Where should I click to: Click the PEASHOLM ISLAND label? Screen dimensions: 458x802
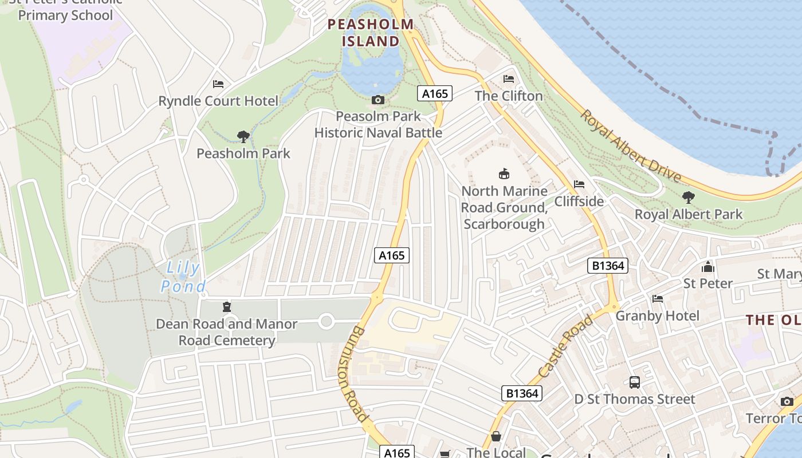370,33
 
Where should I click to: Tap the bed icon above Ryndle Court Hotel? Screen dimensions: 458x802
218,84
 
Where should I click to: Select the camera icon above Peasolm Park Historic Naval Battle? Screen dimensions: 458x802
378,100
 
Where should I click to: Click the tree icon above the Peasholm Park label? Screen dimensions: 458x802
243,136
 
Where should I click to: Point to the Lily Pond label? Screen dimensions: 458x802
183,277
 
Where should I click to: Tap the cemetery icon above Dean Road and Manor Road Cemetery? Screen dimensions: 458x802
227,307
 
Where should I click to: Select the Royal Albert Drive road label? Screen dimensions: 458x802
631,145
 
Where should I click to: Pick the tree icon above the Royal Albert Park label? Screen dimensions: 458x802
689,198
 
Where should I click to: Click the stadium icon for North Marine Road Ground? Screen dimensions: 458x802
504,173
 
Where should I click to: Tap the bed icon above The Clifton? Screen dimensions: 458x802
509,79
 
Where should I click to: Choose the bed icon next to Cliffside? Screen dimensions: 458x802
579,184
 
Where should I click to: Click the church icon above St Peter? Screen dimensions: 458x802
708,267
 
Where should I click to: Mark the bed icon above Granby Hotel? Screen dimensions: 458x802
658,299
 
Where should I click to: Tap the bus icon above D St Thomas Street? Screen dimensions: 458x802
635,382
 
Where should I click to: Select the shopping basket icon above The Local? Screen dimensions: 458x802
496,436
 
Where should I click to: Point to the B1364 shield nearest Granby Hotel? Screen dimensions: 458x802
608,266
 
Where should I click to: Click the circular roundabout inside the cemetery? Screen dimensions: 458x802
327,321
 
